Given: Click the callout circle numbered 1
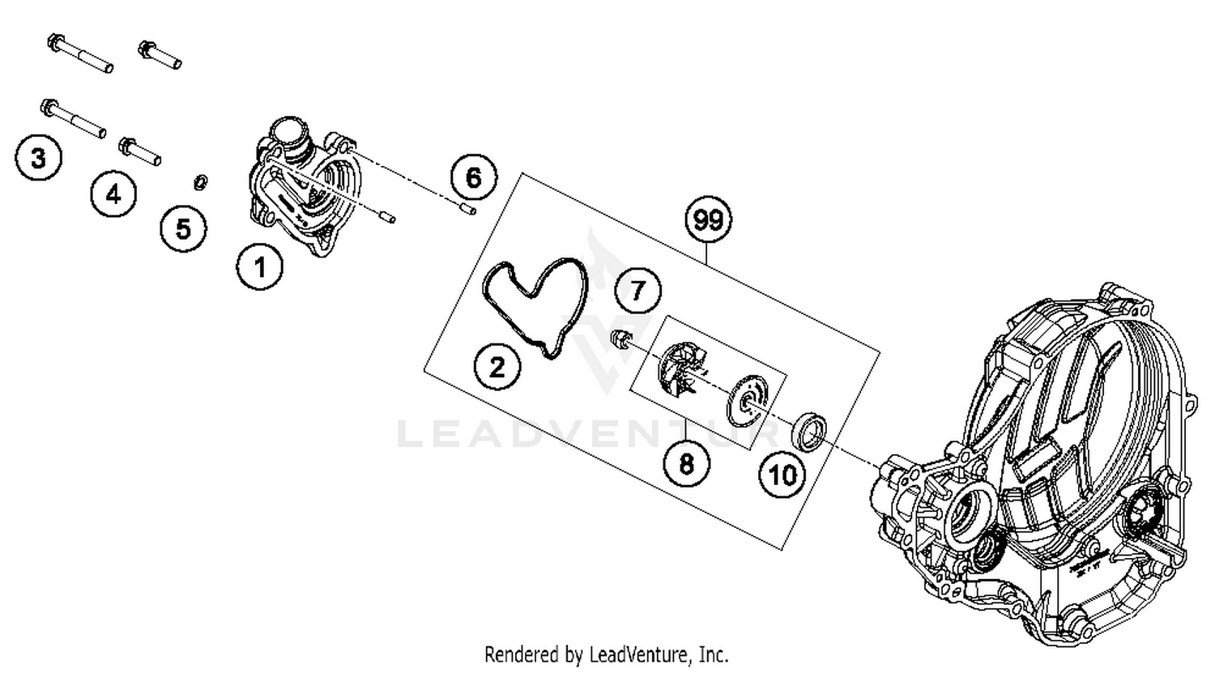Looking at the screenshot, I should pyautogui.click(x=260, y=266).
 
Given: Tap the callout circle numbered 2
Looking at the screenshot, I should pyautogui.click(x=497, y=367).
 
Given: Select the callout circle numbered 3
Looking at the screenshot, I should pyautogui.click(x=38, y=157).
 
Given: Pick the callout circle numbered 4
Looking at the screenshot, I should pyautogui.click(x=113, y=194).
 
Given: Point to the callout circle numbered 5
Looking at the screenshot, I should pyautogui.click(x=183, y=228).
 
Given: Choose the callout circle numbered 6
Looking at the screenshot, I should pyautogui.click(x=474, y=177).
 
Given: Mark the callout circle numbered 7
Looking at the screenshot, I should pyautogui.click(x=638, y=290).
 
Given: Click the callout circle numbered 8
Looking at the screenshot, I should pyautogui.click(x=686, y=464).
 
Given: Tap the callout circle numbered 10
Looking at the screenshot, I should pyautogui.click(x=782, y=475).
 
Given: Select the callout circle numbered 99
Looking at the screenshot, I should pyautogui.click(x=708, y=219).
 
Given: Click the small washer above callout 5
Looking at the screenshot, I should pyautogui.click(x=200, y=181).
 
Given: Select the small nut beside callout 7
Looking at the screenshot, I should pyautogui.click(x=620, y=338).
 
